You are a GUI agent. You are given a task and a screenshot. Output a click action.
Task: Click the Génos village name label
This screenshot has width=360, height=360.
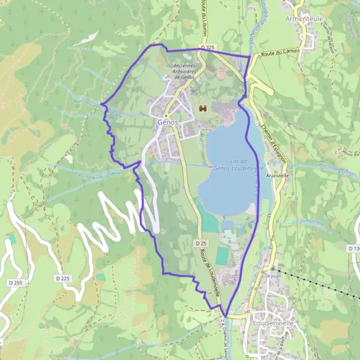(x=167, y=122)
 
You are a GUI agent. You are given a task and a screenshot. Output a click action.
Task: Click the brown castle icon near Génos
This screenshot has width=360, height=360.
(x=202, y=109)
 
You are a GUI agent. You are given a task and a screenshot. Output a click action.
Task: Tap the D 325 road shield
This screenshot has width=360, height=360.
(x=208, y=47)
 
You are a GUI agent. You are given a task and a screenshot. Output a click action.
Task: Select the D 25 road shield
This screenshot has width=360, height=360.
(x=200, y=243)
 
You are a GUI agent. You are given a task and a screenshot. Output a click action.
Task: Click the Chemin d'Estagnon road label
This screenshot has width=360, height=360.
(x=275, y=144)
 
